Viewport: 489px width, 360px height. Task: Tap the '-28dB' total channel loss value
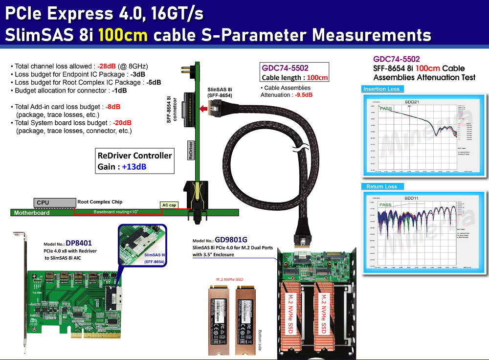[107, 66]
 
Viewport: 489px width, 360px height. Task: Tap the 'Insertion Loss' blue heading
[382, 89]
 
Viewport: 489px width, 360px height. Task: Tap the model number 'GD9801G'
[230, 240]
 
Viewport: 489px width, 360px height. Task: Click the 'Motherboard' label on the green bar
[32, 213]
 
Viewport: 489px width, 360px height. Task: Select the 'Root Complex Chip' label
[100, 202]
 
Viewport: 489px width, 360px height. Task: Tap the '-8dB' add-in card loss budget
[113, 106]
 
